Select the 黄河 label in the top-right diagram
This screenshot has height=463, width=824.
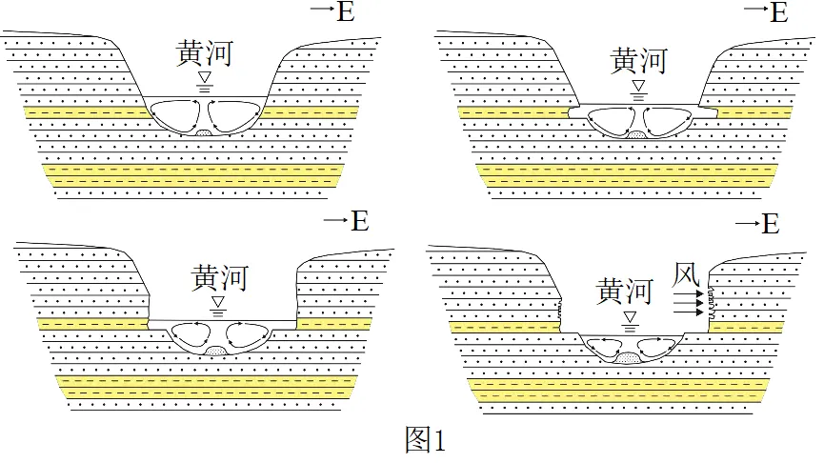pyautogui.click(x=638, y=62)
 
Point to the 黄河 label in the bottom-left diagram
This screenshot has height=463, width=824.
pyautogui.click(x=219, y=277)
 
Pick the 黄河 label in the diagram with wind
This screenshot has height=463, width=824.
pyautogui.click(x=625, y=291)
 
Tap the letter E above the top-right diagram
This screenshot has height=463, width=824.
pyautogui.click(x=777, y=11)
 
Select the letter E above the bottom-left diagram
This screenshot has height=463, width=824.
pyautogui.click(x=358, y=221)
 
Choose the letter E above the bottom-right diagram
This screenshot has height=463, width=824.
pyautogui.click(x=770, y=225)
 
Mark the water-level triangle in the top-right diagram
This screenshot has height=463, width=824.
pyautogui.click(x=638, y=86)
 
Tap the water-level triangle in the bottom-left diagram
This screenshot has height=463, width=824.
pyautogui.click(x=219, y=302)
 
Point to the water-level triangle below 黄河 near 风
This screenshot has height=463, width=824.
pyautogui.click(x=628, y=316)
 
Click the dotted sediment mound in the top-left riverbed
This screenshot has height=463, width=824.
pyautogui.click(x=204, y=131)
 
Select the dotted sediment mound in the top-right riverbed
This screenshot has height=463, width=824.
pyautogui.click(x=636, y=138)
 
